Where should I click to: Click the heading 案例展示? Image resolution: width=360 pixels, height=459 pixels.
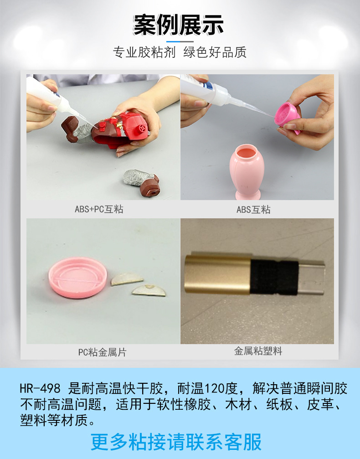pyautogui.click(x=179, y=25)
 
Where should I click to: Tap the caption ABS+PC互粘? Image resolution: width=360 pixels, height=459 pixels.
pyautogui.click(x=99, y=209)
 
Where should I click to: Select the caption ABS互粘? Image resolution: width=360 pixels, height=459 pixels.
pyautogui.click(x=253, y=209)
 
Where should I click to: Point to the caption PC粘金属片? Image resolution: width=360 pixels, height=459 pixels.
pyautogui.click(x=102, y=352)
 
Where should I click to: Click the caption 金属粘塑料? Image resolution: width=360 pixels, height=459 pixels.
pyautogui.click(x=258, y=351)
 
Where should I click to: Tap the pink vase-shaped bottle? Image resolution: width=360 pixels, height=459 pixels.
pyautogui.click(x=247, y=171)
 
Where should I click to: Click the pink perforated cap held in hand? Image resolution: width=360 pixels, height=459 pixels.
pyautogui.click(x=288, y=117)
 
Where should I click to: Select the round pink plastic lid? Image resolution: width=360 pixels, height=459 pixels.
pyautogui.click(x=78, y=278)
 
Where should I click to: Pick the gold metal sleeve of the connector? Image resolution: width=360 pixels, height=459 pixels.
pyautogui.click(x=217, y=274)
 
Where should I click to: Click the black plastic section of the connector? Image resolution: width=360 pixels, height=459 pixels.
pyautogui.click(x=274, y=277)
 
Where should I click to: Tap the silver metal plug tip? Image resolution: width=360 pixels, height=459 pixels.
pyautogui.click(x=312, y=277)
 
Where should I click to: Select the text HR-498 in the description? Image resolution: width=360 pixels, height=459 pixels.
pyautogui.click(x=40, y=389)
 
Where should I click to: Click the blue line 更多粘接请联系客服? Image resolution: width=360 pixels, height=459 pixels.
pyautogui.click(x=176, y=442)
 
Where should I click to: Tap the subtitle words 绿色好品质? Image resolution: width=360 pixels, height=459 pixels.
pyautogui.click(x=215, y=52)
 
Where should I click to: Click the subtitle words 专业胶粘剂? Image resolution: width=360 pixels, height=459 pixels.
pyautogui.click(x=144, y=52)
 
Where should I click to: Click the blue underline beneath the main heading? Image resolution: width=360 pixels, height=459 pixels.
pyautogui.click(x=180, y=41)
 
